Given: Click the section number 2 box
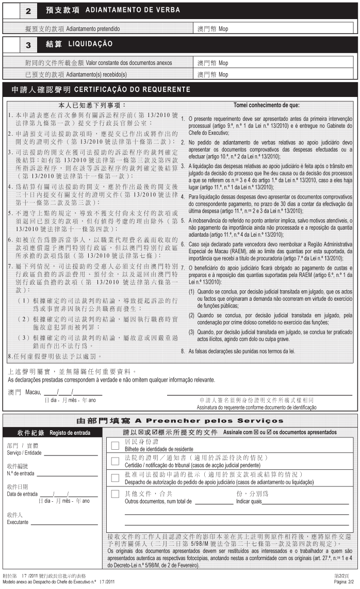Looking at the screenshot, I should coord(28,10).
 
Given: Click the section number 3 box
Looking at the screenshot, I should coord(28,45).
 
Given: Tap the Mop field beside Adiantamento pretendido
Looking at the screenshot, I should coord(276,29).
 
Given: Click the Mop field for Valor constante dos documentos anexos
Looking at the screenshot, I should coord(276,63).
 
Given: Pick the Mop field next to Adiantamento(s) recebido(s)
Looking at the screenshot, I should coord(276,74).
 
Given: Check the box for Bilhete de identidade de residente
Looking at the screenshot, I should coord(115,446).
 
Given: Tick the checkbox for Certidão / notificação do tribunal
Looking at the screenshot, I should coord(115,461).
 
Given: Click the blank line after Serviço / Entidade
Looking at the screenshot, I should coord(71,455).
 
